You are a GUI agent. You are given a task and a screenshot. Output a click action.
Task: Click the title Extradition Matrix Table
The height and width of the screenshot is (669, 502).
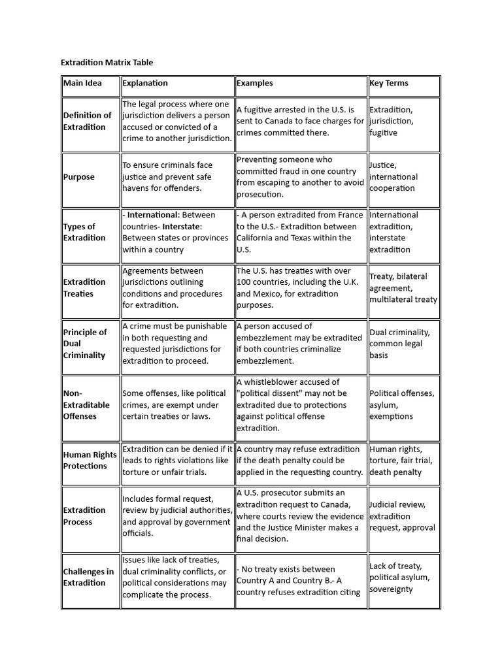tap(107, 63)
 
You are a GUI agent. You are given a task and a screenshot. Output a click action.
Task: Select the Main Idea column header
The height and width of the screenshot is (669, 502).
tap(82, 83)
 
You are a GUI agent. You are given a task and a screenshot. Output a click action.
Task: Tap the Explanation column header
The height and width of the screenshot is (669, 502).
tap(145, 83)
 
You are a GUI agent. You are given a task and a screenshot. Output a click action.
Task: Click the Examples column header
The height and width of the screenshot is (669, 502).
tap(255, 83)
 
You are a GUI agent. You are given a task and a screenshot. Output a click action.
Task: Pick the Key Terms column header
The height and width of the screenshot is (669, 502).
tap(389, 83)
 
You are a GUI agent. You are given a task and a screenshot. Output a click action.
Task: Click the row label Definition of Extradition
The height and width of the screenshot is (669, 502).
tap(88, 121)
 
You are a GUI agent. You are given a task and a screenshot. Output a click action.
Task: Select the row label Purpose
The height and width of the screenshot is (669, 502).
tap(79, 177)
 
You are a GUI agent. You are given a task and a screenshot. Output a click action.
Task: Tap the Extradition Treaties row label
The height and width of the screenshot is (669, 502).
tap(84, 287)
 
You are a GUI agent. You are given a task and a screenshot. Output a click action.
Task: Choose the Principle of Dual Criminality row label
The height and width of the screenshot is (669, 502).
tap(85, 344)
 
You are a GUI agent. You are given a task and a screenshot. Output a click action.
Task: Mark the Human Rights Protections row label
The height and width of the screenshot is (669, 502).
tap(90, 460)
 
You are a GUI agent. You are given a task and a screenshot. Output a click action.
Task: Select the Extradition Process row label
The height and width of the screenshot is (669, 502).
tap(84, 515)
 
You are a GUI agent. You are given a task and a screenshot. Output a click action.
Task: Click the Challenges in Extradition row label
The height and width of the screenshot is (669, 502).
tap(88, 577)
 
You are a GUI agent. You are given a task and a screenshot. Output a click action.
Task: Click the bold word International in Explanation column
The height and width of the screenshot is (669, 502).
tap(152, 214)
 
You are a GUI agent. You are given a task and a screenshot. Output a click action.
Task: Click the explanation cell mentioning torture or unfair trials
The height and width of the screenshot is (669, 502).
tap(177, 461)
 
